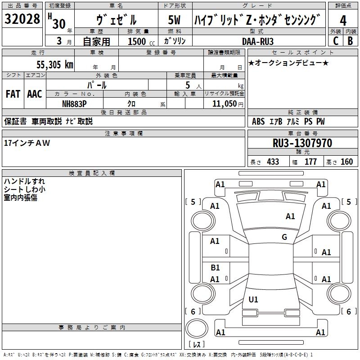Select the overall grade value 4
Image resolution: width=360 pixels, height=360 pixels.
[343, 21]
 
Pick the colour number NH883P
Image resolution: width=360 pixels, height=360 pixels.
[74, 103]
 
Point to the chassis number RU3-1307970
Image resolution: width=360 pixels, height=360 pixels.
[302, 143]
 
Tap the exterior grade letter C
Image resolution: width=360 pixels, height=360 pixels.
[335, 41]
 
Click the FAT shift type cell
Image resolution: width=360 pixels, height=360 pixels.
[13, 94]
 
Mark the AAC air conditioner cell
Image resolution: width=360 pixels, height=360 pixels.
[35, 94]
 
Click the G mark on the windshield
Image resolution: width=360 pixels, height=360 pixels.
[284, 237]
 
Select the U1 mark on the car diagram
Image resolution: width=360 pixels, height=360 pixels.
[253, 300]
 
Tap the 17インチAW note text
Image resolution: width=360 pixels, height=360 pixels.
[27, 143]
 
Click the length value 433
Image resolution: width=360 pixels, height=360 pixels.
[273, 162]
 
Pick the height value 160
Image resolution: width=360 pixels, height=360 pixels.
[346, 162]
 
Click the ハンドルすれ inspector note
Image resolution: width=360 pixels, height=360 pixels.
[24, 181]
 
